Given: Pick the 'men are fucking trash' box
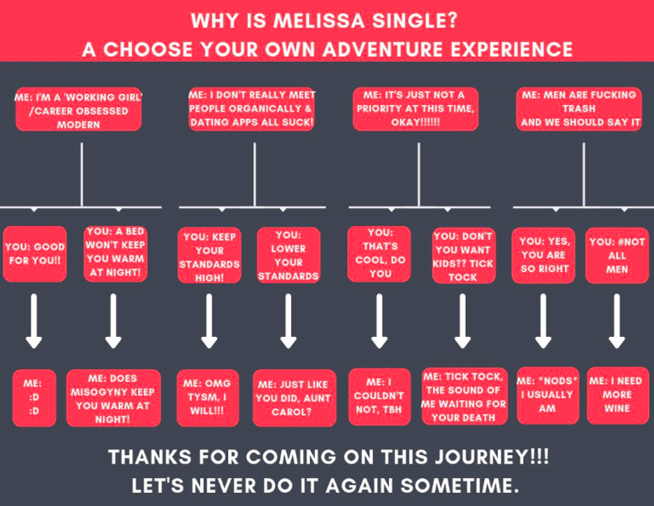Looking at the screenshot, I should (x=579, y=108).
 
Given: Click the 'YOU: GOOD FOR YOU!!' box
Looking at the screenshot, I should (x=35, y=254).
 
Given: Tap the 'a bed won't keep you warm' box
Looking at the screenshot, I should (x=115, y=252).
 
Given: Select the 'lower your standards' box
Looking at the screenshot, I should (x=288, y=255).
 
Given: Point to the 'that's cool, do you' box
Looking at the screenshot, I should (x=379, y=253).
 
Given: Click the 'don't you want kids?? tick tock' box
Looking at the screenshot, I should (x=463, y=256).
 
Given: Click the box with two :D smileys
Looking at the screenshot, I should (x=34, y=397).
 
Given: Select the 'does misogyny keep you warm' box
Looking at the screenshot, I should (x=113, y=398).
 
